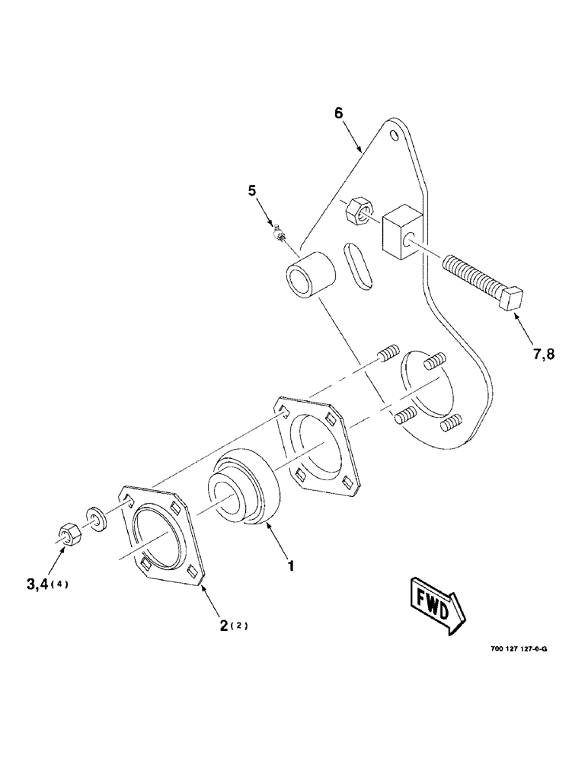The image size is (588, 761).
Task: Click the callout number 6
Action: (338, 113)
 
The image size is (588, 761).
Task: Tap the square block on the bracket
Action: (398, 231)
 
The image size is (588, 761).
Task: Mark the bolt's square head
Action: (511, 298)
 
